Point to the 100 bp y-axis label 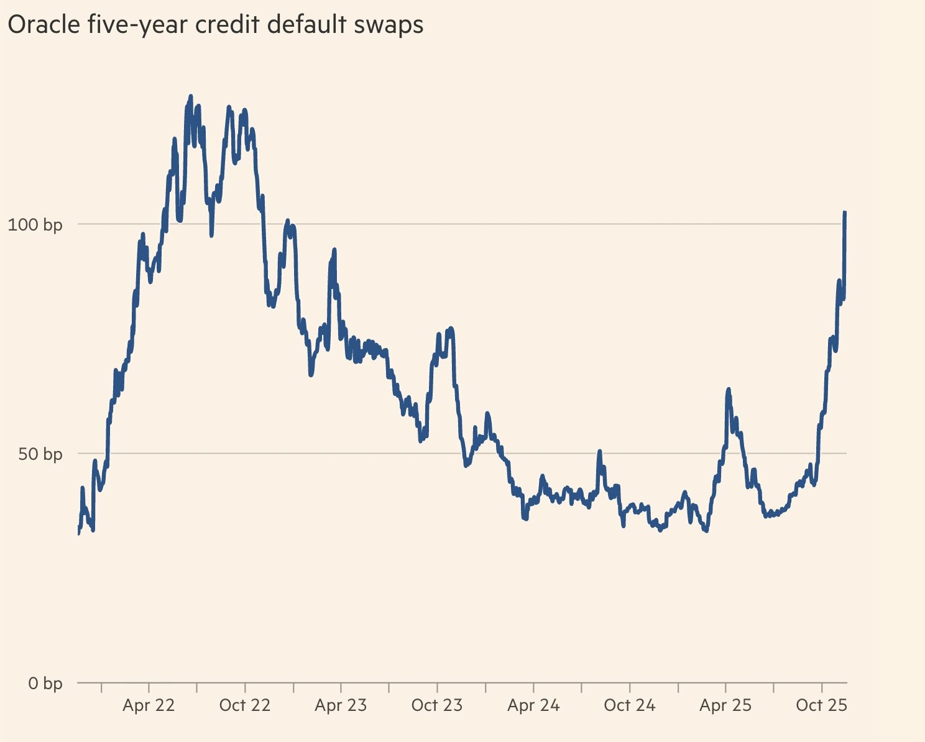coord(35,224)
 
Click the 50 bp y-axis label coord(40,454)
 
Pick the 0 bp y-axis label coord(45,684)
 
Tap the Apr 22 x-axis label coord(149,705)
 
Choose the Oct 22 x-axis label coord(245,705)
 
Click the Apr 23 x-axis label coord(341,705)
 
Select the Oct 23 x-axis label coord(437,705)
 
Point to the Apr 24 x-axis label coord(533,705)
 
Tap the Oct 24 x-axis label coord(630,705)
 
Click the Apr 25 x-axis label coord(725,705)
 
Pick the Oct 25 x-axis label coord(822,705)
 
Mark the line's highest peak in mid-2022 coord(190,96)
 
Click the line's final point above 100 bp coord(845,213)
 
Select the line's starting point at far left coord(78,533)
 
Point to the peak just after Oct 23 coord(450,328)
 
